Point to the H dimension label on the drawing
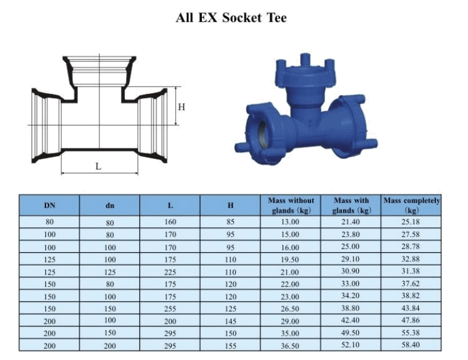click(x=181, y=107)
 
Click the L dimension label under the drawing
click(x=98, y=165)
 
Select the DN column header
click(x=50, y=205)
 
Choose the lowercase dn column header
click(x=110, y=205)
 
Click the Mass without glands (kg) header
click(x=291, y=205)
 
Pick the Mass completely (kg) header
click(x=412, y=205)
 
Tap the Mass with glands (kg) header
click(x=352, y=205)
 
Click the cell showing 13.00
click(x=291, y=222)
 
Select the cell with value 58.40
click(x=412, y=345)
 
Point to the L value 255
click(x=170, y=308)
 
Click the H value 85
click(x=230, y=222)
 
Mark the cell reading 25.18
click(x=412, y=222)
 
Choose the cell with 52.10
click(x=352, y=345)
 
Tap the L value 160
click(x=170, y=222)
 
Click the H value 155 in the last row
click(x=230, y=345)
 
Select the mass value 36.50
click(x=291, y=345)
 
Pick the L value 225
click(x=170, y=272)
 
